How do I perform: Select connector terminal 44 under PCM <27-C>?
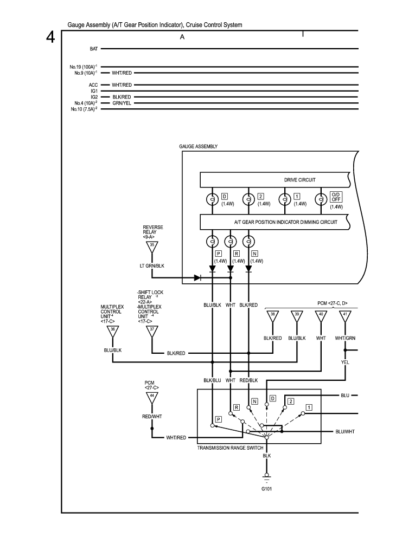[x=152, y=397]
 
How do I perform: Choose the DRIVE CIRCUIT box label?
[x=299, y=179]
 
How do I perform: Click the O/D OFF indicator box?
[x=335, y=196]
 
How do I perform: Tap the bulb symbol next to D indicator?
[x=212, y=199]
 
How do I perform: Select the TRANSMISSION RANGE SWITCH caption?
[x=230, y=448]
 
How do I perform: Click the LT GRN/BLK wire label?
[x=152, y=266]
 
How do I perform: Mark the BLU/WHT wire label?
[x=345, y=431]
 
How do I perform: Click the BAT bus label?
[x=93, y=49]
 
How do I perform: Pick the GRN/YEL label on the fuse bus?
[x=122, y=103]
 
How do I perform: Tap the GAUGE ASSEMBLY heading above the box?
[x=198, y=146]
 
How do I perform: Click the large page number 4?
[x=50, y=38]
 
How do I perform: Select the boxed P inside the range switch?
[x=218, y=419]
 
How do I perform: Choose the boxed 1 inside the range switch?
[x=308, y=406]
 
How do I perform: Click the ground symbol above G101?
[x=266, y=476]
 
